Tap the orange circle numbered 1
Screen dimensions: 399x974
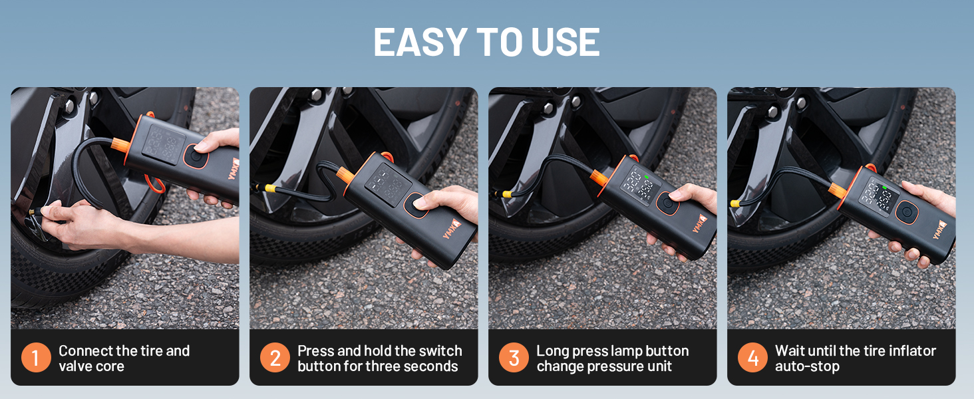pyautogui.click(x=36, y=358)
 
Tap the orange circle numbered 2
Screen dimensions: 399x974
pyautogui.click(x=275, y=358)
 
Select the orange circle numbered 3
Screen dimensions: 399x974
pyautogui.click(x=514, y=358)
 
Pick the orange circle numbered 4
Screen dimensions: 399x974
pyautogui.click(x=752, y=358)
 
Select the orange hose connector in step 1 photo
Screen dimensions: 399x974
pyautogui.click(x=120, y=143)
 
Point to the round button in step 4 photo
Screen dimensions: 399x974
pyautogui.click(x=905, y=213)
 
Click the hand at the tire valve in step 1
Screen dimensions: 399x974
pyautogui.click(x=73, y=219)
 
